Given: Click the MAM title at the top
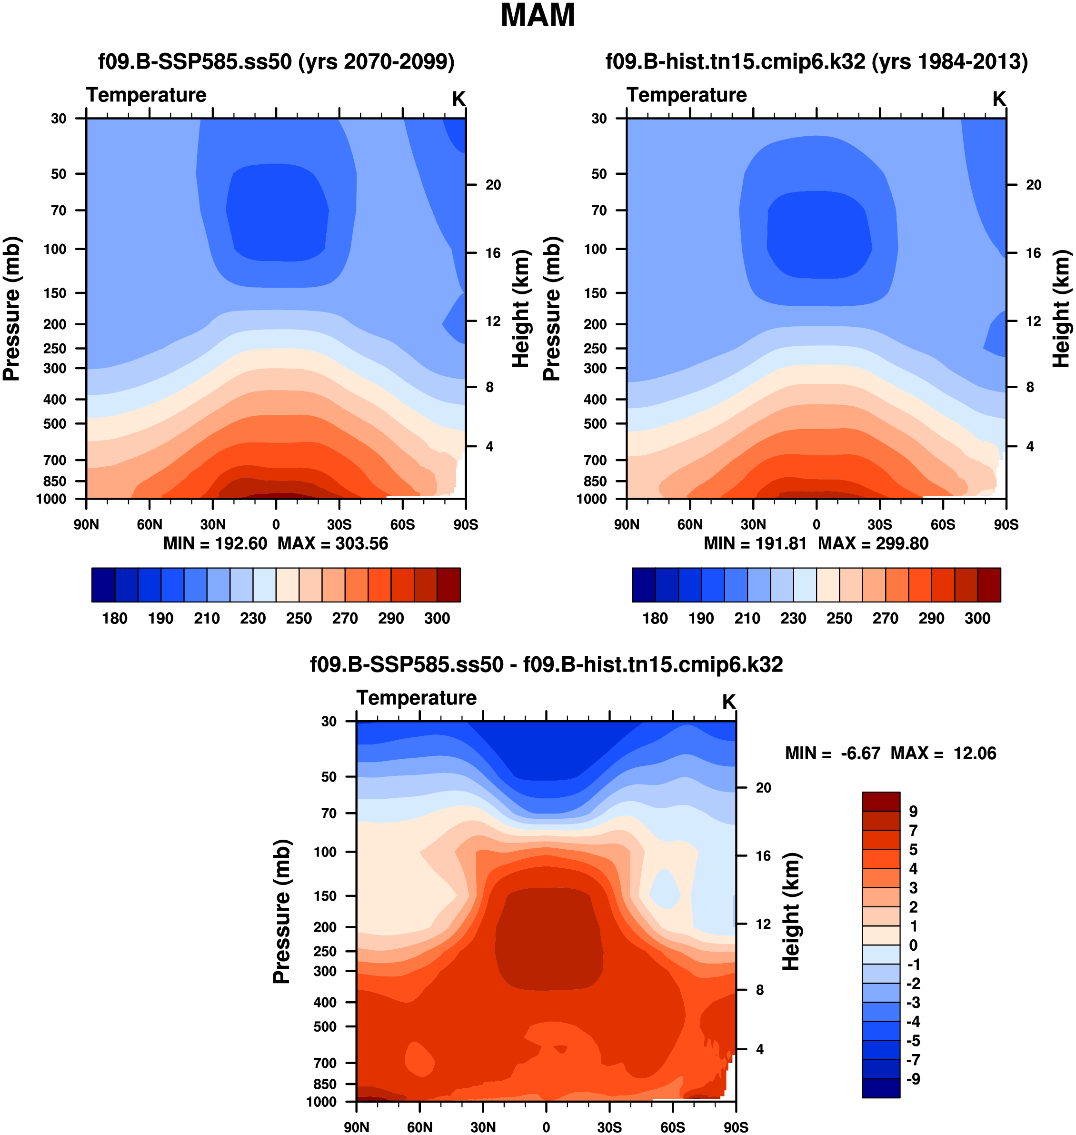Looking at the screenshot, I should pos(538,16).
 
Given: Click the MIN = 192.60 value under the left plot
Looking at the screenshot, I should pos(215,543).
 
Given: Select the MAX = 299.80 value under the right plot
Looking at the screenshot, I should pos(873,543).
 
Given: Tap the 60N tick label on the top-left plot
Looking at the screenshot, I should pos(149,524).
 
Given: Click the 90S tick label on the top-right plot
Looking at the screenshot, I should pos(1006,524).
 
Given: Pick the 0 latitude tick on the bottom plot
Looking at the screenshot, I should pos(546,1127).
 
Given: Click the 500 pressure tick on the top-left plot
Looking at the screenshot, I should pos(55,424).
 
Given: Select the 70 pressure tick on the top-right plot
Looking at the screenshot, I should pos(599,211).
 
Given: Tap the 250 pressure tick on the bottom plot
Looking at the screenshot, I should pos(325,951).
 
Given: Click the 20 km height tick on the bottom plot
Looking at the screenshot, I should pos(763,788).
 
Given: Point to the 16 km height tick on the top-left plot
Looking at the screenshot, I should pos(493,253).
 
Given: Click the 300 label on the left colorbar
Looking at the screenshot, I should pos(437,619).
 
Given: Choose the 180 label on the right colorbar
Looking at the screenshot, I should pos(655,619).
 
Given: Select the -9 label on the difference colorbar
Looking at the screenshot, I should pos(913,1079).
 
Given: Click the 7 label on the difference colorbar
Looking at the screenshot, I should pos(913,830).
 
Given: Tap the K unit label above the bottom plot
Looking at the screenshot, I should pos(728,702).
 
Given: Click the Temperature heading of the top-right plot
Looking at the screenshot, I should pos(687,95).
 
